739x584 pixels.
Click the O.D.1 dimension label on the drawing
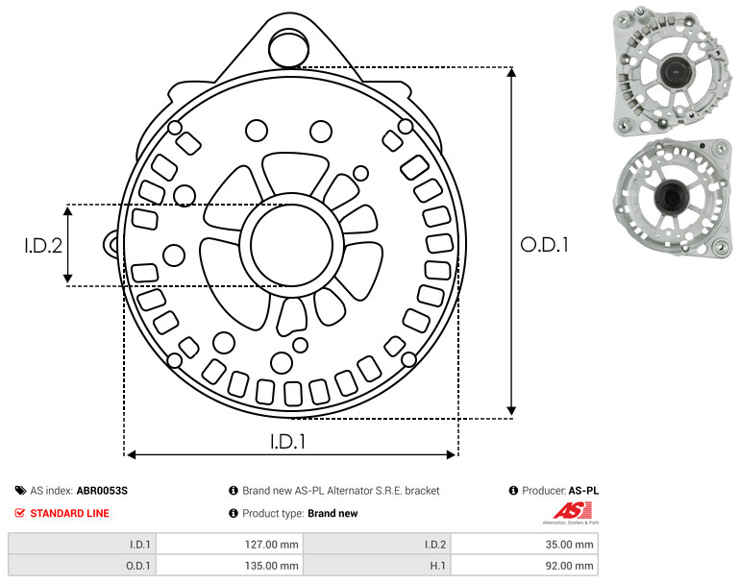click(x=544, y=245)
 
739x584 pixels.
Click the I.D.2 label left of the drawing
click(x=43, y=245)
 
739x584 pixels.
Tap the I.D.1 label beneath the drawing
click(x=287, y=441)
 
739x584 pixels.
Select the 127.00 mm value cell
click(x=230, y=545)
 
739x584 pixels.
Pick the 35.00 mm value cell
click(x=525, y=545)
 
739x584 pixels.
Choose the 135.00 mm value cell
click(x=230, y=565)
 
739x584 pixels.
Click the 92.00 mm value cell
click(x=525, y=565)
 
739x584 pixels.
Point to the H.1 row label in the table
click(x=438, y=566)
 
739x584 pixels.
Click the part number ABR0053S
click(x=102, y=491)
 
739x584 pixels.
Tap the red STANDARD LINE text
click(x=70, y=513)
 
